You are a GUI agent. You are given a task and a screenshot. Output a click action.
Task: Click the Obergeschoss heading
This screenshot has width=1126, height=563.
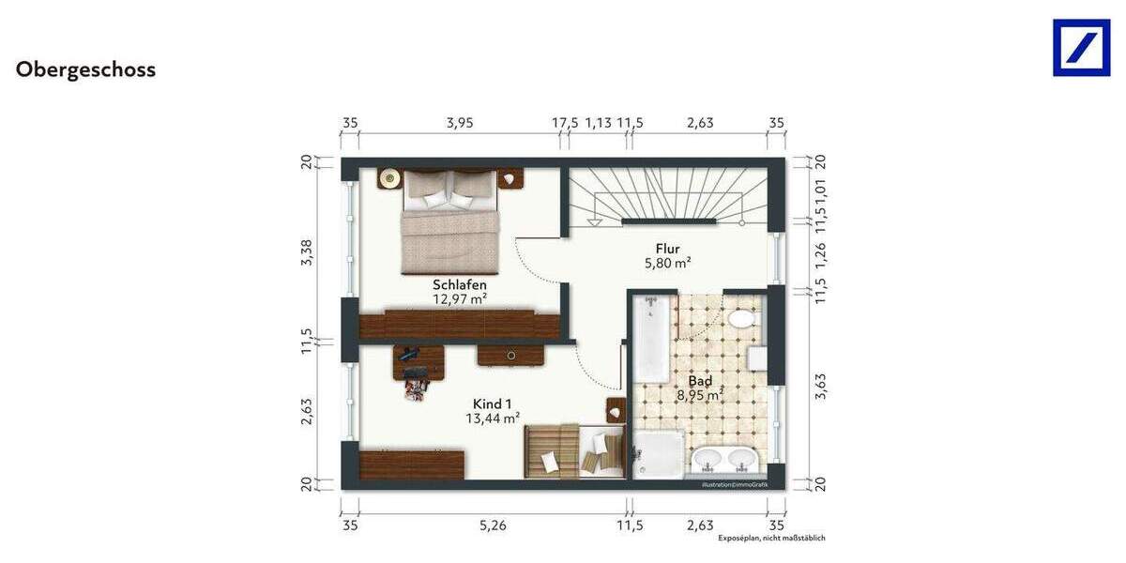point(85,70)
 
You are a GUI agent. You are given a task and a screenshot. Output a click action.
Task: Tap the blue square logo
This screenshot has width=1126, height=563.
point(1081,48)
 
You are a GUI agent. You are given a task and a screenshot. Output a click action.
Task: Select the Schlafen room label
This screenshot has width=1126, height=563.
point(459,284)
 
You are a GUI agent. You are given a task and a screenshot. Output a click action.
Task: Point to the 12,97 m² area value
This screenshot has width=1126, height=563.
point(459,299)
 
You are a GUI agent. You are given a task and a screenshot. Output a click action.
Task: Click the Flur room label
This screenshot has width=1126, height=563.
point(667,249)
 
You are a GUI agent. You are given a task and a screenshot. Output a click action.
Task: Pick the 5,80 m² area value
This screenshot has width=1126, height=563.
point(667,264)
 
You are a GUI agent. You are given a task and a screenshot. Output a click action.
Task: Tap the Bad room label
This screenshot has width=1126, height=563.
point(700,381)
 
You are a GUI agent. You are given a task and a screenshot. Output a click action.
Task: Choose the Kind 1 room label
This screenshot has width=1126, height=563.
point(493,403)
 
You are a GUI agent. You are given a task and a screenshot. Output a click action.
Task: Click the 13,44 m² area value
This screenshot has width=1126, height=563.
point(493,418)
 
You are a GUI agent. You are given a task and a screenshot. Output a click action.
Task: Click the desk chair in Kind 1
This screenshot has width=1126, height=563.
point(414,383)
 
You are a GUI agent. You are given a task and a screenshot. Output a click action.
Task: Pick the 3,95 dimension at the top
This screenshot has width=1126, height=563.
point(460,122)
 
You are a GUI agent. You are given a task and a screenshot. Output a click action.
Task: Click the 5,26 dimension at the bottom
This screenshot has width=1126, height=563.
point(493,526)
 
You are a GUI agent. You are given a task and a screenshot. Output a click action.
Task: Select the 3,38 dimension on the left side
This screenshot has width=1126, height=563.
point(306,252)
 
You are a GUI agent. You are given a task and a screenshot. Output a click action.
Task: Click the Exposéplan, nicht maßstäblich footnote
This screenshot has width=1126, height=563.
point(771,539)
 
